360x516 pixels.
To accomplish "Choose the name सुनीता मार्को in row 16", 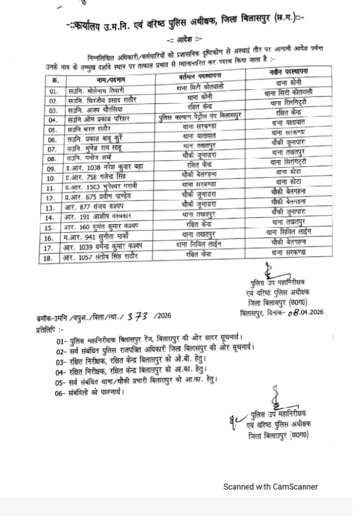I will pos(116,236).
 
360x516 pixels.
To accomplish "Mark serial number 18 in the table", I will pos(52,257).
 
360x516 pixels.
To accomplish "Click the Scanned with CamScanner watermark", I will pos(271,486).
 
